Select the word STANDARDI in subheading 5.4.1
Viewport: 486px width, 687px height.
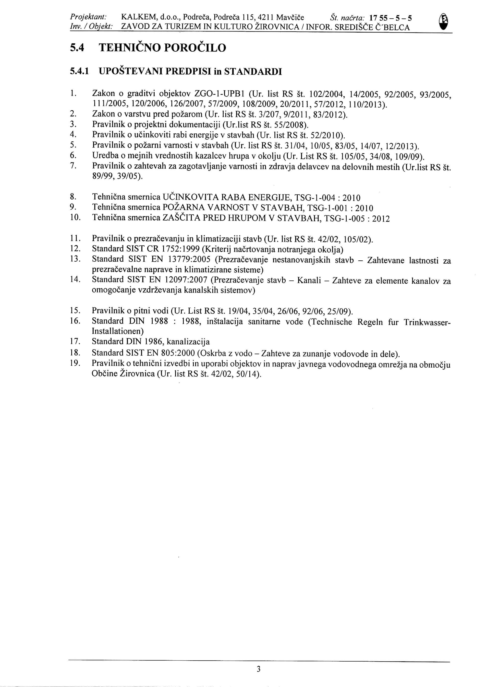coord(253,72)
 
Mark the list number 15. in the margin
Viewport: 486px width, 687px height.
coord(75,311)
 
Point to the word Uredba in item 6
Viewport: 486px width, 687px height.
coord(104,156)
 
